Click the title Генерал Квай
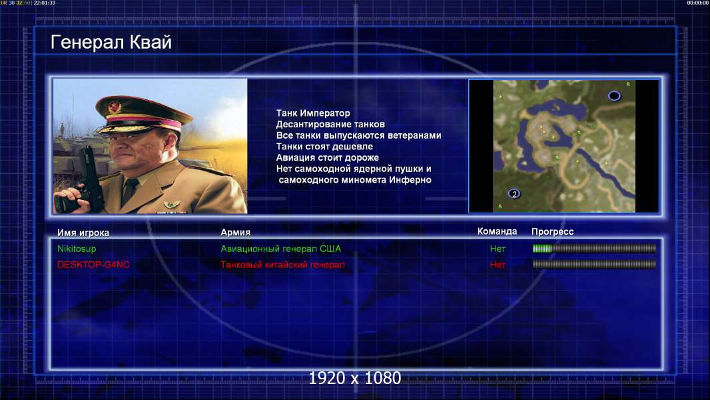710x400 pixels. coord(111,43)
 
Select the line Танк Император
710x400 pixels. coord(313,113)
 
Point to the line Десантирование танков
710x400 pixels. coord(330,124)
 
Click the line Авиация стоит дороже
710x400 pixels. coord(328,157)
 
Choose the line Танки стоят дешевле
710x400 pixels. coord(324,146)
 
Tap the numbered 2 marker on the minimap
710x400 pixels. coord(514,194)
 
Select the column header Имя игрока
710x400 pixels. coord(83,233)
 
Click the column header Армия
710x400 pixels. coord(236,233)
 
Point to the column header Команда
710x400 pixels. coord(497,231)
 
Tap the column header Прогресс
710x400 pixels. coord(552,232)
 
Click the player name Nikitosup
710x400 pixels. coord(77,249)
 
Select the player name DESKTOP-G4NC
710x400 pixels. coord(93,265)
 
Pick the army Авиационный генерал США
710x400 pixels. coord(281,249)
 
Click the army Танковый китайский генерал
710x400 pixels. coord(282,265)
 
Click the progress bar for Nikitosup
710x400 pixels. coord(594,248)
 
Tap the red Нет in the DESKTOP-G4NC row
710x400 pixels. coord(498,265)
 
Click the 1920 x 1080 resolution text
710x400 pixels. coord(355,378)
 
